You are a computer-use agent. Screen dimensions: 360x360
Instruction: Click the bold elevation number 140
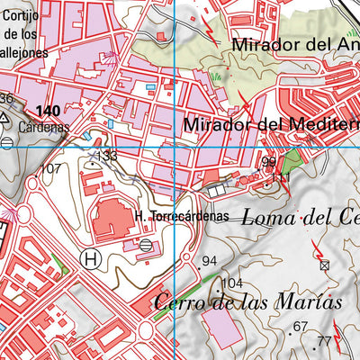(49, 111)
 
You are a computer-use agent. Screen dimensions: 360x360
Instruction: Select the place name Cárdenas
(43, 127)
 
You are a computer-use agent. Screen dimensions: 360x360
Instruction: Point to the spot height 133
(107, 157)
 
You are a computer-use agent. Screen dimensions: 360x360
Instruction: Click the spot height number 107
(52, 168)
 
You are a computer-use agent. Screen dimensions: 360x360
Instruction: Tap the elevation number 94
(211, 261)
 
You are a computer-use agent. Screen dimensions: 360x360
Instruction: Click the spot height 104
(232, 283)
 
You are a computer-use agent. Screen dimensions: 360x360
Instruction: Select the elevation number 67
(301, 326)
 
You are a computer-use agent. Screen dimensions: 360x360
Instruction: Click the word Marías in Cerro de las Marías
(304, 302)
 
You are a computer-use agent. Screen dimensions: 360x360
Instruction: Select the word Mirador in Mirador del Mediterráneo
(217, 124)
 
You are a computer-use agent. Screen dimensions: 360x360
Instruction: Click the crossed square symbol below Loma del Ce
(325, 265)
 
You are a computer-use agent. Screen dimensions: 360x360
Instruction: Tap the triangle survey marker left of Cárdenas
(7, 118)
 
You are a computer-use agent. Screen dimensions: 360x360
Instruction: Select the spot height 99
(268, 162)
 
